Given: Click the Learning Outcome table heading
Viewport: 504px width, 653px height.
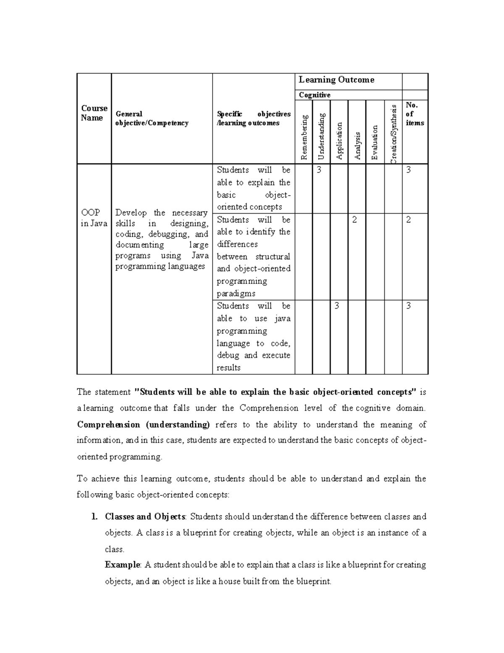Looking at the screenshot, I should tap(336, 80).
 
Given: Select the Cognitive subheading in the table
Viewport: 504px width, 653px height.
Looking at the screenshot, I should tap(315, 95).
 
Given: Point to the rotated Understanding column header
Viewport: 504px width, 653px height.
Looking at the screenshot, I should tap(322, 136).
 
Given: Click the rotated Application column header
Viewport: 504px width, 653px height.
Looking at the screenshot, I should tap(339, 141).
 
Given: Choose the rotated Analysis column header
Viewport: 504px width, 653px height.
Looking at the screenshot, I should tap(357, 146).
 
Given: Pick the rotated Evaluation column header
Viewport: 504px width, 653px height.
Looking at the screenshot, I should tap(375, 143).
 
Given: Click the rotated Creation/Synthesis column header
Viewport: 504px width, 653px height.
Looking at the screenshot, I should tap(394, 134).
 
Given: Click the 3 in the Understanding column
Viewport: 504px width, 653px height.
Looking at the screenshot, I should tap(319, 170).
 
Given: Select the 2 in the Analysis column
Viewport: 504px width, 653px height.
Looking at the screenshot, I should tap(354, 220).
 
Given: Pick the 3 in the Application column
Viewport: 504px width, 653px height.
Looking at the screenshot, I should tap(336, 306).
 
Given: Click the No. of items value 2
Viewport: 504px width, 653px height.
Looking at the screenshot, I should tap(408, 220).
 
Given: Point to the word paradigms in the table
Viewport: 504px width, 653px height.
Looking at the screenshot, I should tap(236, 293).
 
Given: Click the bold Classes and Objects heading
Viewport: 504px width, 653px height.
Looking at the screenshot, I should tap(145, 516).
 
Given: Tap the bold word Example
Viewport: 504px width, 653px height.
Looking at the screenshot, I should tap(123, 565).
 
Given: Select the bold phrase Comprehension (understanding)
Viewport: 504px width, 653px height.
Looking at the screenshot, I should tap(143, 424).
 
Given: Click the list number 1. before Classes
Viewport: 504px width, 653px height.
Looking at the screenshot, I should tap(94, 516).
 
